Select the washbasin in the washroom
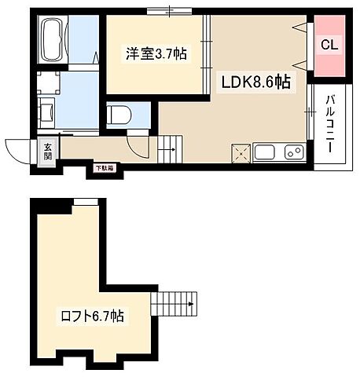45,113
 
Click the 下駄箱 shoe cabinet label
104,167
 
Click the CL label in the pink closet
329,45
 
